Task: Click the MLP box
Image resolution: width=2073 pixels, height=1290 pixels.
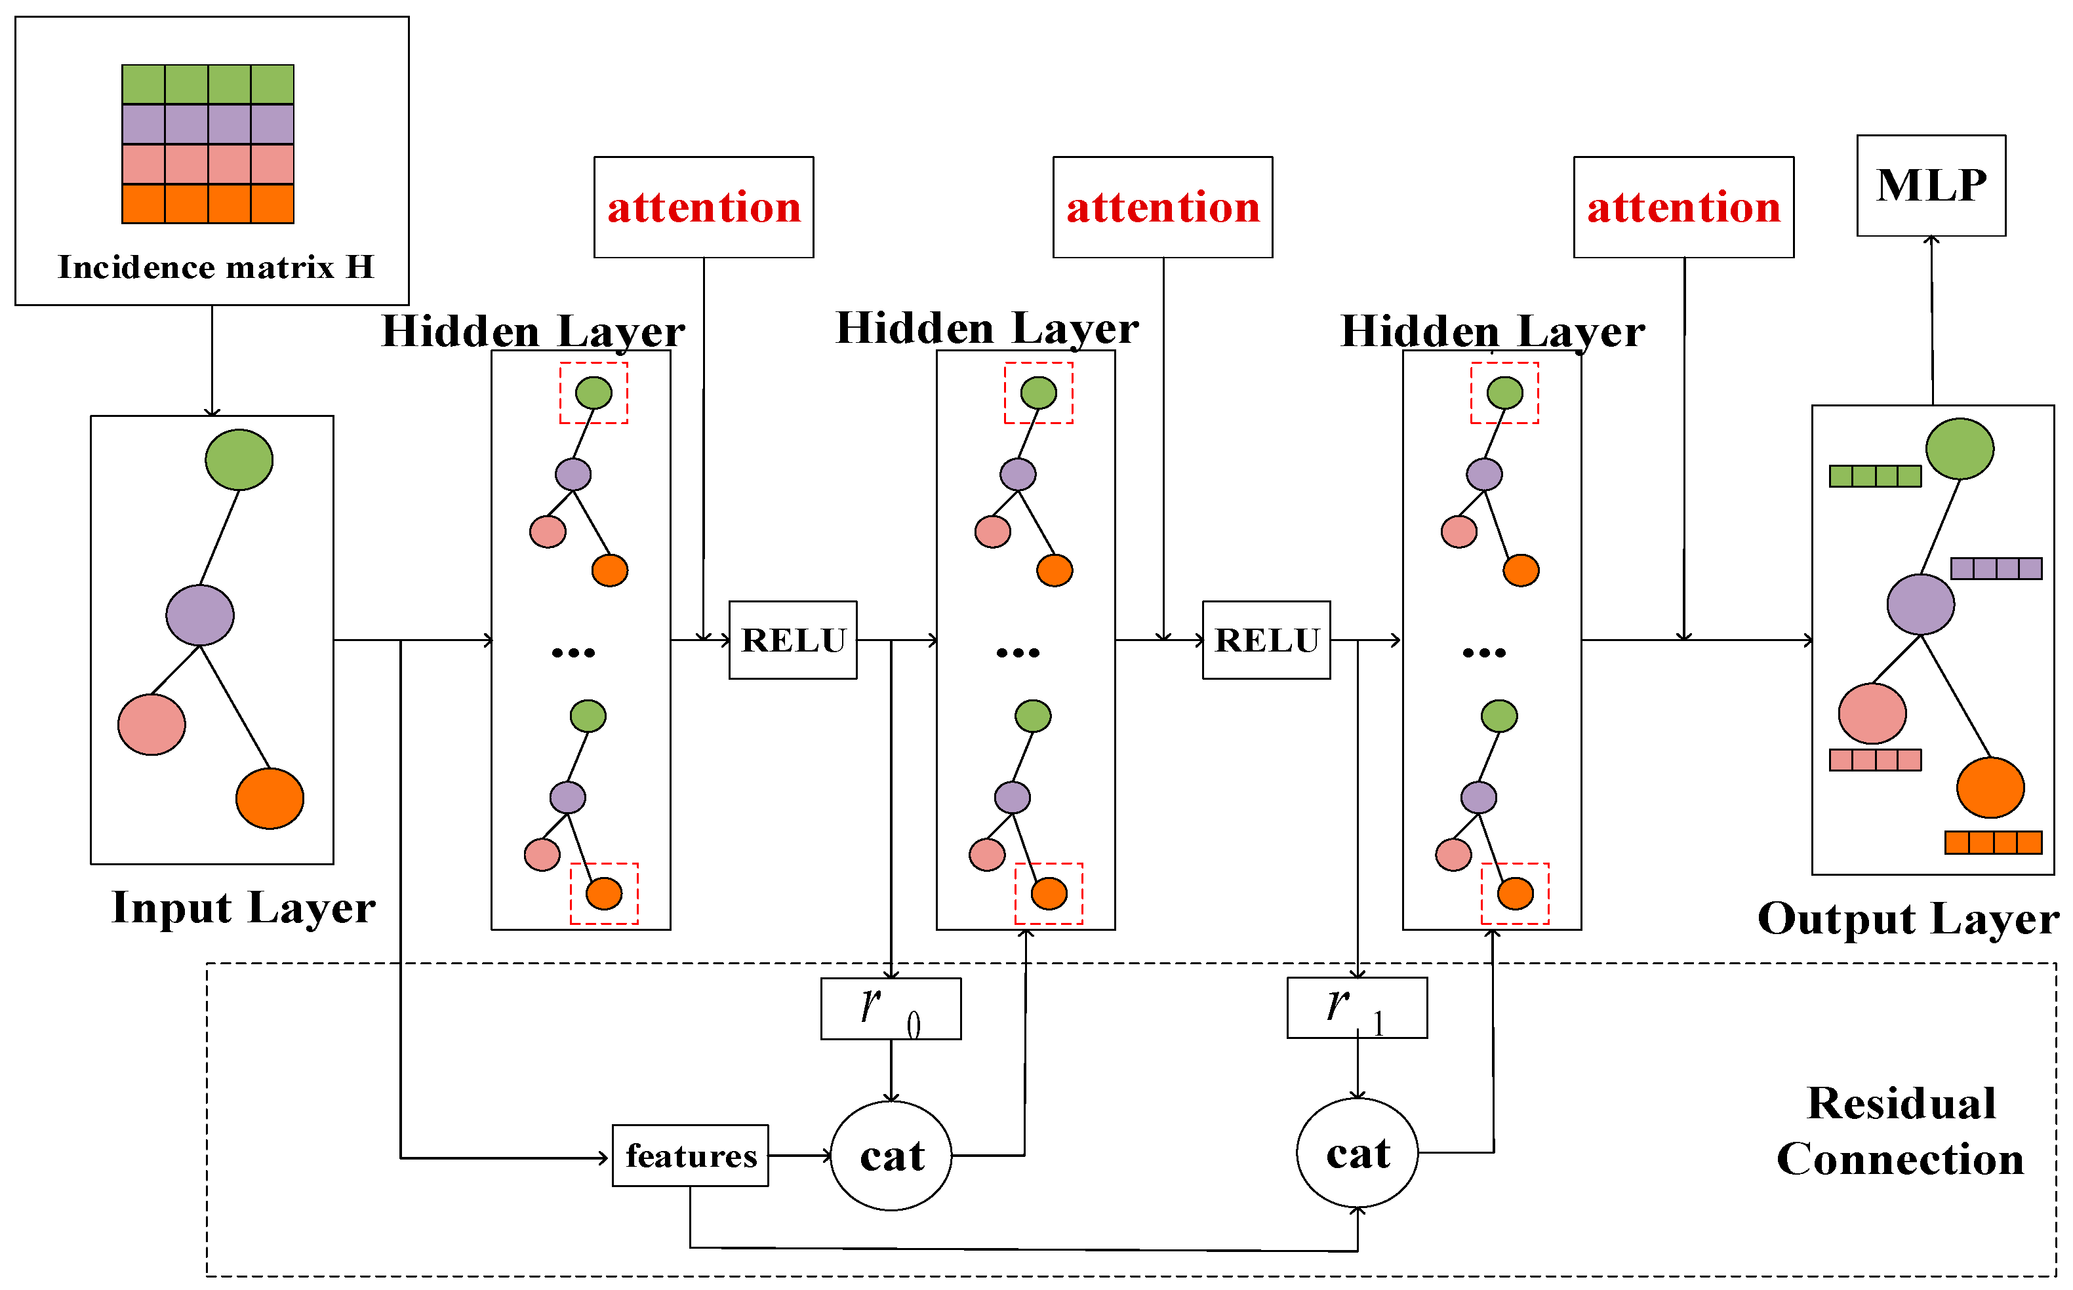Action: pyautogui.click(x=1931, y=185)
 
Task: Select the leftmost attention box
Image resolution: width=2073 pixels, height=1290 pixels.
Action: pyautogui.click(x=703, y=207)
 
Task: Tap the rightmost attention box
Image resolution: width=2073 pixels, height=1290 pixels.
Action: pyautogui.click(x=1683, y=207)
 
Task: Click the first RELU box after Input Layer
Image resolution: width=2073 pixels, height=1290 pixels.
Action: pyautogui.click(x=792, y=640)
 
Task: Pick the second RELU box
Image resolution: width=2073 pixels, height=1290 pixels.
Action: pyautogui.click(x=1266, y=640)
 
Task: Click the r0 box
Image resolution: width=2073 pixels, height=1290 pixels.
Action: pyautogui.click(x=890, y=1008)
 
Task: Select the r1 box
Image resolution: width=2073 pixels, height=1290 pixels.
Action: pyautogui.click(x=1356, y=1007)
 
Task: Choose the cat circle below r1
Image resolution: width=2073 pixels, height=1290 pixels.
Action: pyautogui.click(x=1356, y=1152)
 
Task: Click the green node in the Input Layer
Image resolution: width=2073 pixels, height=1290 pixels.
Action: pyautogui.click(x=239, y=460)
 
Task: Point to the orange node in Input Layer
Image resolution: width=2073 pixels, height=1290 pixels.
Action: pyautogui.click(x=270, y=798)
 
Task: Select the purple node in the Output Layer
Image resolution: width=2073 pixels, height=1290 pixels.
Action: pyautogui.click(x=1920, y=604)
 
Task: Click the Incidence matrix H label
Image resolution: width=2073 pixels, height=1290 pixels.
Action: pyautogui.click(x=216, y=267)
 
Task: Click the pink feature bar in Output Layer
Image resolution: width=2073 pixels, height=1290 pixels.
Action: pyautogui.click(x=1874, y=759)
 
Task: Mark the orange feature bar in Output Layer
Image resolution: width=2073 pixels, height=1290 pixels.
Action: pyautogui.click(x=1993, y=843)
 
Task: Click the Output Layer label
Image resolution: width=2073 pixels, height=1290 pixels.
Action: pyautogui.click(x=1908, y=920)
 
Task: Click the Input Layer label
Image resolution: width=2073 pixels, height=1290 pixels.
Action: pyautogui.click(x=243, y=908)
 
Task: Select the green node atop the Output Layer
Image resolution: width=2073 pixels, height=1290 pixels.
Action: pyautogui.click(x=1960, y=449)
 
